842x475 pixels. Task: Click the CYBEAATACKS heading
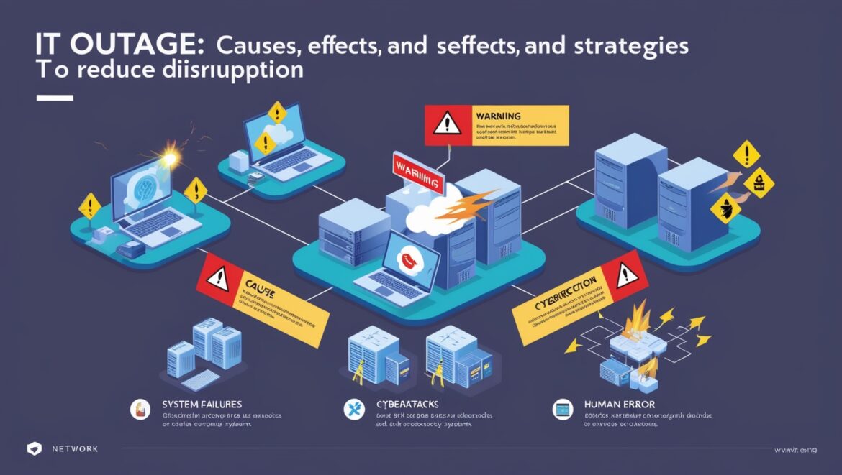click(x=408, y=405)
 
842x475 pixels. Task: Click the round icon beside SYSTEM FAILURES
click(x=138, y=410)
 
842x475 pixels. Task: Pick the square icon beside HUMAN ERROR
click(x=562, y=410)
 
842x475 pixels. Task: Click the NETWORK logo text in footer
click(x=75, y=448)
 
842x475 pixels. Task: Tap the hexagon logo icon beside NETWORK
click(x=35, y=448)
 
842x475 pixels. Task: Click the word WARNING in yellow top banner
click(x=498, y=116)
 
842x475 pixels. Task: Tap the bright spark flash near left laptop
click(x=171, y=155)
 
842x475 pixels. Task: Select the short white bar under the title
click(x=54, y=97)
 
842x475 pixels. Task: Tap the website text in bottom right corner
click(x=795, y=449)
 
